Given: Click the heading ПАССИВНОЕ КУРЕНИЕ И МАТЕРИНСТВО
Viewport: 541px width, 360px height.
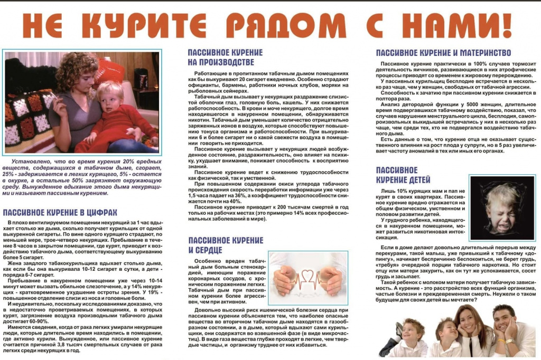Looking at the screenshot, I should tap(443, 53).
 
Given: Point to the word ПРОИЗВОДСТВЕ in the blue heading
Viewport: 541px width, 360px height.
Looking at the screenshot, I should tap(218, 62).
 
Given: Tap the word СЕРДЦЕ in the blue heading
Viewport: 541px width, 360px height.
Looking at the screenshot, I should tap(206, 250).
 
